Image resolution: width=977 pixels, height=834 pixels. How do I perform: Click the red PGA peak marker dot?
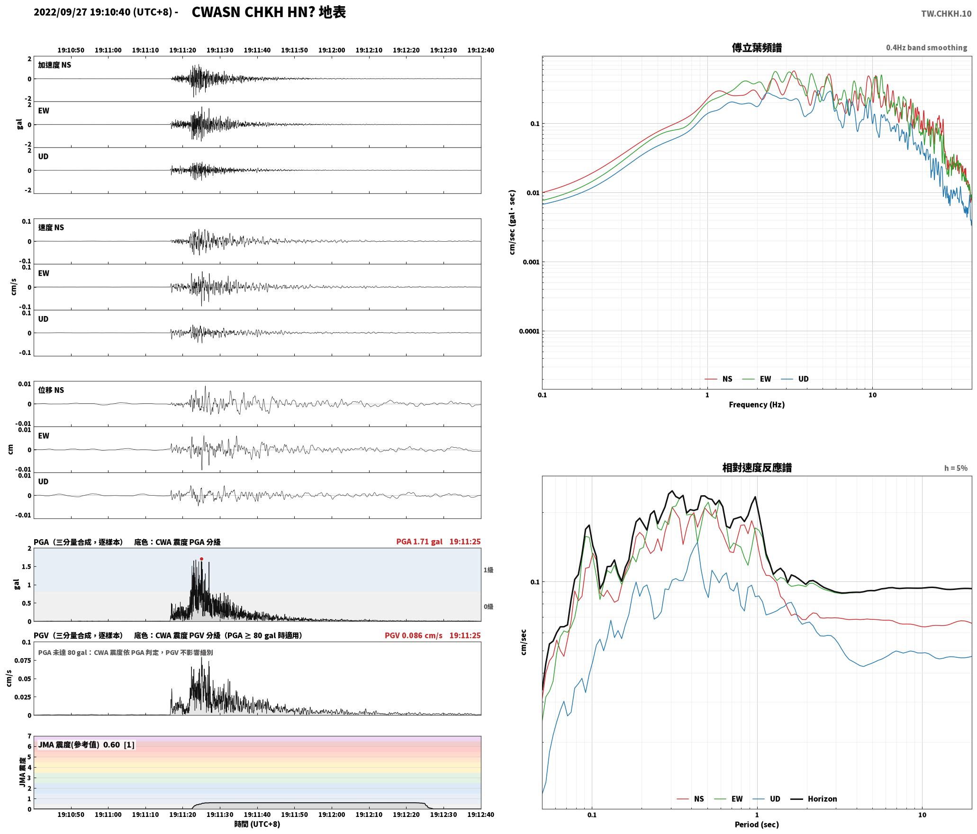pos(201,559)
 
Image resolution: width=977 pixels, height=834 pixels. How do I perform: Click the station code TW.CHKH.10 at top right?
pos(946,14)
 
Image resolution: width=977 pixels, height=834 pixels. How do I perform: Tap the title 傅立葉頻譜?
pos(757,48)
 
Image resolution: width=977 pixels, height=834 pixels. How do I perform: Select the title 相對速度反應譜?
pos(757,468)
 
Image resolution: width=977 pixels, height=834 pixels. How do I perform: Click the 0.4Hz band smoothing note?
pos(927,48)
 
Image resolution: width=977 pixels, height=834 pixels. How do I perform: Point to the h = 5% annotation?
pos(956,468)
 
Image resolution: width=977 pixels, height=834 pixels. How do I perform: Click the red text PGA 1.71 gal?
pos(419,542)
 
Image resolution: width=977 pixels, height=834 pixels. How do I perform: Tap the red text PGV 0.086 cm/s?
pos(414,635)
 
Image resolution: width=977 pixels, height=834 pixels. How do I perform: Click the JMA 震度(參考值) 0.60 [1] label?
pos(86,745)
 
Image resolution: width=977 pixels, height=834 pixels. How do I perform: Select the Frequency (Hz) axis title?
pos(757,405)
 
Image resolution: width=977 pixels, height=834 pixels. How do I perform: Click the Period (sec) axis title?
pos(757,825)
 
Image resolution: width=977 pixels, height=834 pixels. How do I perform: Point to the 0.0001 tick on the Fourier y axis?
pos(529,331)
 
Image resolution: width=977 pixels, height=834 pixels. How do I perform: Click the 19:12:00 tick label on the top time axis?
pos(332,50)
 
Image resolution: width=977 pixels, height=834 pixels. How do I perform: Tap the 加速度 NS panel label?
pos(54,65)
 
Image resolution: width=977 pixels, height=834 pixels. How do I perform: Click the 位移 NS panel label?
pos(51,390)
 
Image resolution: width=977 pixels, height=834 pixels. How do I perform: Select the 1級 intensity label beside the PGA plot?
pos(488,570)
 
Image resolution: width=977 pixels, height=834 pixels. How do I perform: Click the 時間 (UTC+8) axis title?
pos(257,825)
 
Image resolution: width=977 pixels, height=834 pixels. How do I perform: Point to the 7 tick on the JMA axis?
pos(29,736)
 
